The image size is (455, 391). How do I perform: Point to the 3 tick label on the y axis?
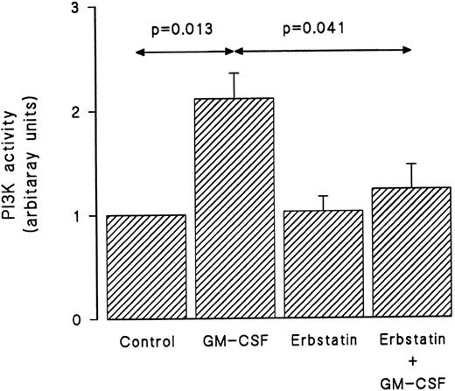(78, 9)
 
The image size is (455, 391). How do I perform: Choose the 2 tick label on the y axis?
(78, 112)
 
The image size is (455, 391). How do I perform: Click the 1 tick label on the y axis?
(78, 215)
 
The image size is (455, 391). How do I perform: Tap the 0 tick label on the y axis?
(78, 319)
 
